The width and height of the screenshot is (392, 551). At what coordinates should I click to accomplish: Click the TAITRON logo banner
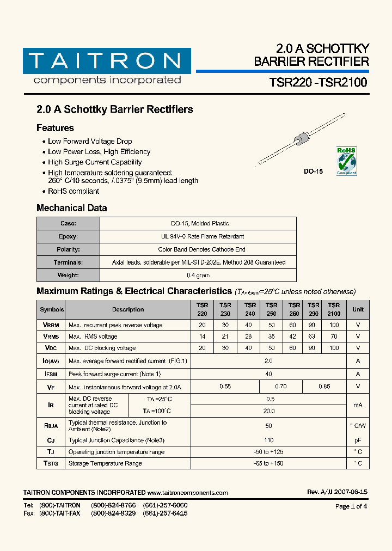[107, 61]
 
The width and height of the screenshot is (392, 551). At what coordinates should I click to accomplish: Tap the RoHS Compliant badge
[346, 160]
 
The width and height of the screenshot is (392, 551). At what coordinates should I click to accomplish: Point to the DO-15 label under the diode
[313, 171]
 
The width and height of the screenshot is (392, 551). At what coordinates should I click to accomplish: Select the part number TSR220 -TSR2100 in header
[318, 83]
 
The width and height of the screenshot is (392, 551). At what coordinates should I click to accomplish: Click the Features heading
[55, 128]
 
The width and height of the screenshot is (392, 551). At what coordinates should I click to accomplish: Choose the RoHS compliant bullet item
[73, 191]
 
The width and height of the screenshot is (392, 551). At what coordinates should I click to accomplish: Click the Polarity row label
[69, 249]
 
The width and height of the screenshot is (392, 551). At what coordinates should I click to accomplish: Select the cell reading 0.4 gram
[198, 275]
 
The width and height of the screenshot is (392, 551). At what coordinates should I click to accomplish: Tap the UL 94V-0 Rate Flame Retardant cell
[198, 236]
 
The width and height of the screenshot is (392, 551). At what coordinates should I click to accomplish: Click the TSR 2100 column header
[334, 309]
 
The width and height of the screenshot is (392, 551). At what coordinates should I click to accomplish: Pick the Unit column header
[358, 309]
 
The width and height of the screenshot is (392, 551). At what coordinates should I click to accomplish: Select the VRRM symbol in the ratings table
[51, 325]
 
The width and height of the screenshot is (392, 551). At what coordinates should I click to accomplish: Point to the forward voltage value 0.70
[280, 387]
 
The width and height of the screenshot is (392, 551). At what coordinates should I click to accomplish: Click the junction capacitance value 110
[268, 440]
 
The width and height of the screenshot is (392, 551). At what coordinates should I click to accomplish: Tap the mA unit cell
[358, 405]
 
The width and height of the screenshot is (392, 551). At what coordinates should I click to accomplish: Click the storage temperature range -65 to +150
[268, 463]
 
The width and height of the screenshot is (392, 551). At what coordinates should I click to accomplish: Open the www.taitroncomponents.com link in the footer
[188, 493]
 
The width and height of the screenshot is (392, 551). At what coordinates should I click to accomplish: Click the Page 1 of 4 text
[351, 506]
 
